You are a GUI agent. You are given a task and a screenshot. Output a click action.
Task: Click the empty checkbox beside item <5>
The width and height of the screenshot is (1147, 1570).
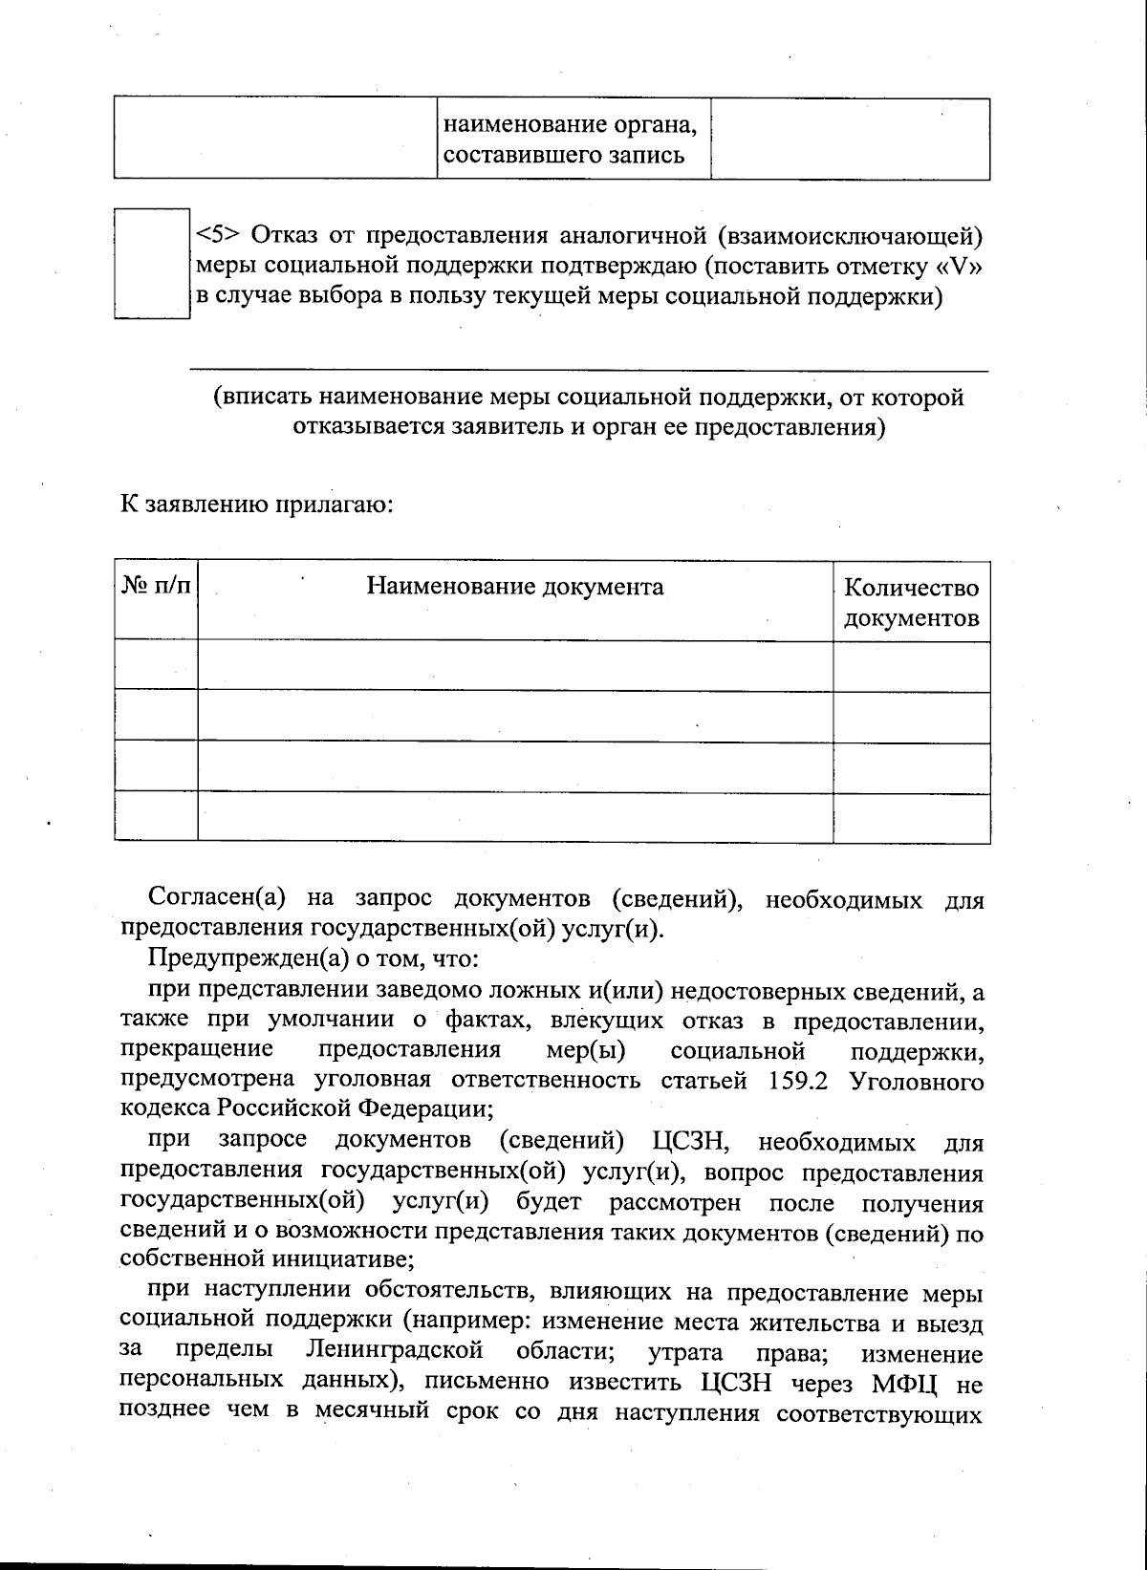point(151,263)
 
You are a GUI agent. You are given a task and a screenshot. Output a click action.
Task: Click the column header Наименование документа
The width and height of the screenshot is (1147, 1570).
point(515,586)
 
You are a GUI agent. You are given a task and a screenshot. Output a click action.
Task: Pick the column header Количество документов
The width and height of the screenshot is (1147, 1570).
point(911,602)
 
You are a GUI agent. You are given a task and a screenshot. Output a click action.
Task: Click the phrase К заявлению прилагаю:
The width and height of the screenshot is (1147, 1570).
point(256,504)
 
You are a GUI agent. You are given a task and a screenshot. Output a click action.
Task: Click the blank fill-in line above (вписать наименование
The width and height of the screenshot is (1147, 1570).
point(588,370)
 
